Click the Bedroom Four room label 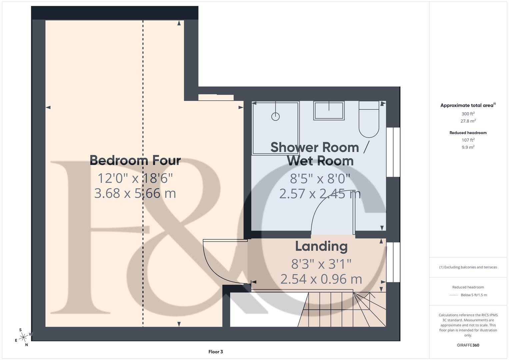pos(135,160)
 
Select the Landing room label pos(321,246)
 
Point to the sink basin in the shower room pos(329,111)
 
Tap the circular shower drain pos(275,116)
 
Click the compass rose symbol pos(23,337)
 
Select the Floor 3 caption pos(215,352)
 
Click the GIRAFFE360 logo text pos(468,345)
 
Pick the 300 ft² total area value pos(468,114)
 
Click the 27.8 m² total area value pos(468,121)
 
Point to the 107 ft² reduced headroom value pos(468,140)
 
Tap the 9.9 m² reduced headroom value pos(468,147)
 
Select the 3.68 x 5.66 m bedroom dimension pos(135,193)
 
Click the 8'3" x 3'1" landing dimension pos(321,264)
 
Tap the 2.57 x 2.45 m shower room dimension pos(320,194)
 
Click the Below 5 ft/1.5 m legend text pos(474,295)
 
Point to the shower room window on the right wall pos(393,152)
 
